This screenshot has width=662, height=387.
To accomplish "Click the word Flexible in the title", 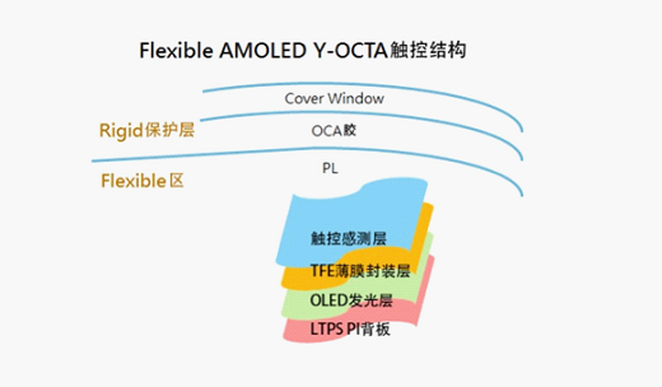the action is click(176, 50).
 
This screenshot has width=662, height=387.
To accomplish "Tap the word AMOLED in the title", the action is click(263, 50).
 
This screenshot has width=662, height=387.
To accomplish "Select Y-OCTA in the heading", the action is click(350, 50).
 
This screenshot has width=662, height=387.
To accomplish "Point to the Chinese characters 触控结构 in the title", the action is click(428, 50).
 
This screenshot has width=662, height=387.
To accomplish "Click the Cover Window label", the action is click(334, 98).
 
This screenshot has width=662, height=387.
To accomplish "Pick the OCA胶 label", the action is click(334, 131).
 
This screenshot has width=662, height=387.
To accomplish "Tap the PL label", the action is click(330, 168).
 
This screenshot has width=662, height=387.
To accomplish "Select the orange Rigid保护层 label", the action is click(147, 130).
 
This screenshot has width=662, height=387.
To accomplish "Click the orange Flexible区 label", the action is click(142, 181).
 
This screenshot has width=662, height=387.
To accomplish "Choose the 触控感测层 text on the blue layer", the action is click(349, 239).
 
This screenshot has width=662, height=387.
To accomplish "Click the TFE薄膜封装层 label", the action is click(361, 271).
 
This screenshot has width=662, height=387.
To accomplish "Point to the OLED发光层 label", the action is click(351, 300).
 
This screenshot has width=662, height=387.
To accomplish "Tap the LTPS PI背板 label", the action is click(350, 329).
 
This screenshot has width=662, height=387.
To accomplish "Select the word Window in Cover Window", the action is click(356, 98).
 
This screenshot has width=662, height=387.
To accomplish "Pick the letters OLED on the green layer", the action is click(328, 300).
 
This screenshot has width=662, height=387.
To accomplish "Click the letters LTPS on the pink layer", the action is click(327, 329).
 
